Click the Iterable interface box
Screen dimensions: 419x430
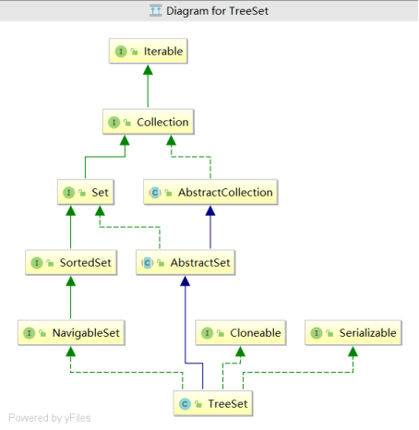click(149, 51)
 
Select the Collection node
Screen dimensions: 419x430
click(149, 122)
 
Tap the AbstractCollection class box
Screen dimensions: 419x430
click(210, 192)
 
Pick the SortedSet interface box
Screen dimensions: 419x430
click(71, 262)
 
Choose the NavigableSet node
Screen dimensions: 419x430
click(71, 333)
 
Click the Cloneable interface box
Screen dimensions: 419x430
click(241, 333)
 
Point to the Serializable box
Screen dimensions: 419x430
click(353, 333)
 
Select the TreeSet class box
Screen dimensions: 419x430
click(213, 403)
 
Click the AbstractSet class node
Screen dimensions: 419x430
click(186, 262)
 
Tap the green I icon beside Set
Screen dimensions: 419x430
click(68, 193)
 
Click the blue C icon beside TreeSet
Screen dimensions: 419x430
click(185, 404)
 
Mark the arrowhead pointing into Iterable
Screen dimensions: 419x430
click(148, 70)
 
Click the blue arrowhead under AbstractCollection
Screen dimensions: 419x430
click(210, 210)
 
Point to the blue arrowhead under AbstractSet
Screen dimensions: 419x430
click(186, 281)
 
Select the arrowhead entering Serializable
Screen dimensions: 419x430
click(353, 352)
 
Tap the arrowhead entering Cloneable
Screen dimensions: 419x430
click(240, 352)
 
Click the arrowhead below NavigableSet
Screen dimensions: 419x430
click(71, 352)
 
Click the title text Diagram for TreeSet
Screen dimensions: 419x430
click(217, 11)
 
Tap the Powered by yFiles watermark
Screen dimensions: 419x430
click(50, 418)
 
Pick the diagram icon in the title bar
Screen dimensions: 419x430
click(156, 11)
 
